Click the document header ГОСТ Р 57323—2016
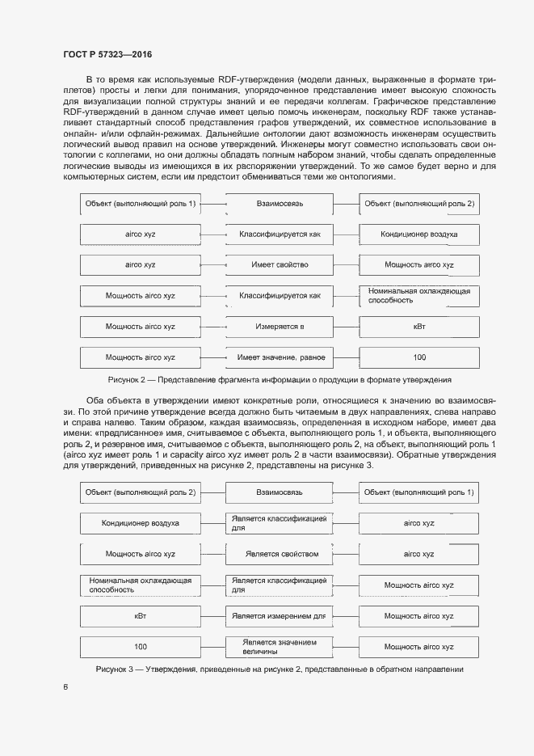pos(107,54)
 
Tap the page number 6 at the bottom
pos(65,687)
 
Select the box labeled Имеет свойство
pos(280,265)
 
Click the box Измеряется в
pos(280,327)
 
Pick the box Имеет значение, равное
pos(280,357)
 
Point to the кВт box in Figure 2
pos(419,327)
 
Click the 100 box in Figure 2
pos(419,357)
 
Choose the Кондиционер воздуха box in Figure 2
pos(419,234)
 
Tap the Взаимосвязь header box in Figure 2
pos(280,204)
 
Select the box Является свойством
pos(280,555)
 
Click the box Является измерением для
pos(280,616)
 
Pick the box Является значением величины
pos(280,647)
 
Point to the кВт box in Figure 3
pos(140,616)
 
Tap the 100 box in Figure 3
pos(140,647)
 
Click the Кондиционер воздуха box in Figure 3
pos(140,524)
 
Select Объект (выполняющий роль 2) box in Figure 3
pos(140,492)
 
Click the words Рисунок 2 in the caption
pos(126,380)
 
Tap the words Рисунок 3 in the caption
pos(114,669)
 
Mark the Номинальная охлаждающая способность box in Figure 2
pos(419,296)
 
